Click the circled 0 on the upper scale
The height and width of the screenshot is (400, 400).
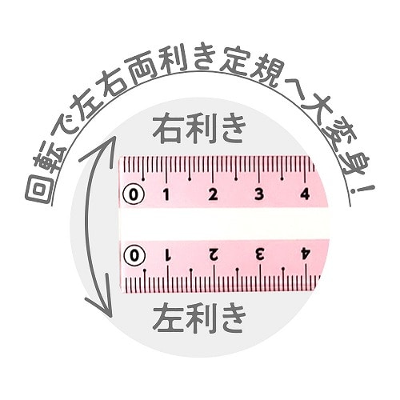tap(134, 194)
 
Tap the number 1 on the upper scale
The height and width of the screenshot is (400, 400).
tap(166, 194)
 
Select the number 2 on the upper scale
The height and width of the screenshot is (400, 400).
tap(213, 194)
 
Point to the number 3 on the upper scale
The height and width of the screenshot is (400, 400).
tap(259, 194)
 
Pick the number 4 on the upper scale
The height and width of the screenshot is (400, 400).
tap(305, 194)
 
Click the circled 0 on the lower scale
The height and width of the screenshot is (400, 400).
tap(134, 256)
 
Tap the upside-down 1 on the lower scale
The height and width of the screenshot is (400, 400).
tap(168, 255)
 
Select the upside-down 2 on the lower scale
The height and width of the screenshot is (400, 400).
tap(214, 255)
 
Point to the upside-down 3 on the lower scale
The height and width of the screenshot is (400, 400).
tap(260, 255)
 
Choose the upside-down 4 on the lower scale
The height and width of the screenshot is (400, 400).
tap(306, 255)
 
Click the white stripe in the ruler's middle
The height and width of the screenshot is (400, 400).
tap(224, 224)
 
